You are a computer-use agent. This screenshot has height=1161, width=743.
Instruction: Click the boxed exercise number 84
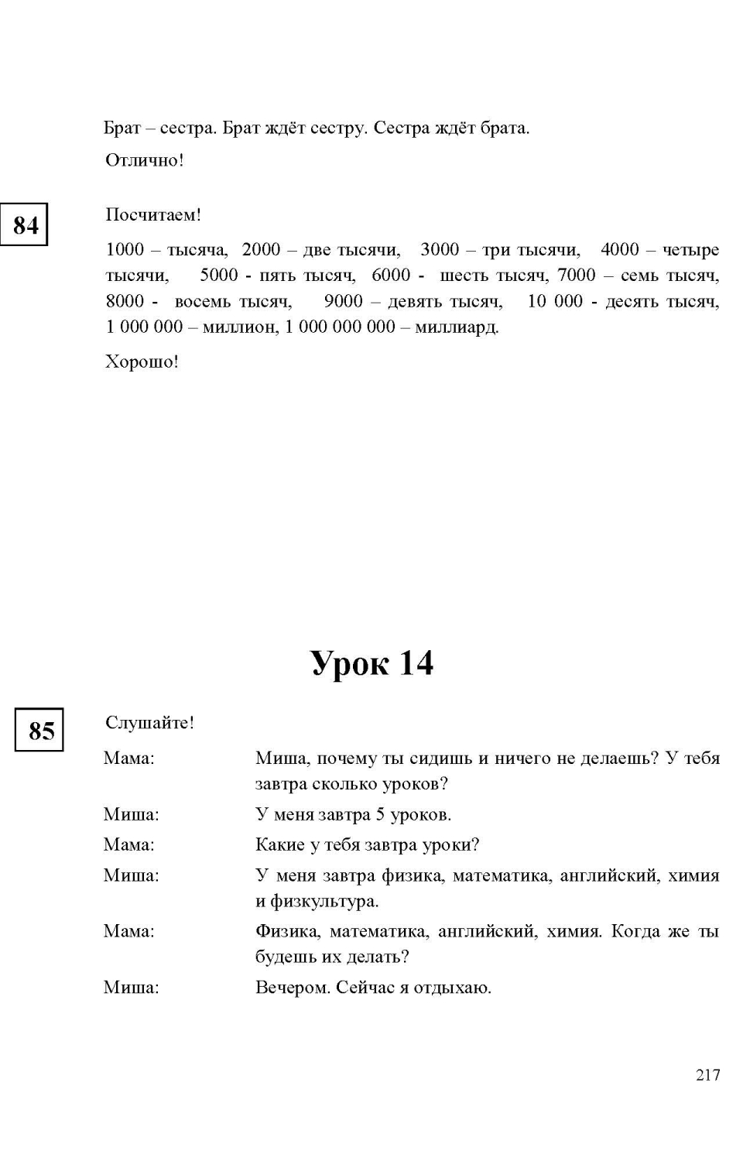[25, 224]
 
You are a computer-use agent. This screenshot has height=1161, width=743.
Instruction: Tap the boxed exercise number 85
[40, 730]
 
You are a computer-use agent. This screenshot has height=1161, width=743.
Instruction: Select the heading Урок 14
[372, 663]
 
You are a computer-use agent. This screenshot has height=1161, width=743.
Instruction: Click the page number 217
[707, 1074]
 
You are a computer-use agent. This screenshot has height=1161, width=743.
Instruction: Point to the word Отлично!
[144, 161]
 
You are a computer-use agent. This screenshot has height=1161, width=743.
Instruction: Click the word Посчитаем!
[152, 215]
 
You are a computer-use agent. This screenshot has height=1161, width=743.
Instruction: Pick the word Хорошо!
[142, 361]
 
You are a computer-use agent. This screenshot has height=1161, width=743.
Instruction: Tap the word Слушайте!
[149, 722]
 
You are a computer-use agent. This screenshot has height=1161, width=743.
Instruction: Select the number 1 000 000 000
[340, 327]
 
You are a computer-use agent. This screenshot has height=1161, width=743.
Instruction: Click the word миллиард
[457, 327]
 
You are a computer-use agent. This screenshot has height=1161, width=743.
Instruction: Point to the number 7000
[577, 276]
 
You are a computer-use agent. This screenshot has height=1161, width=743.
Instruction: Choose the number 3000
[440, 249]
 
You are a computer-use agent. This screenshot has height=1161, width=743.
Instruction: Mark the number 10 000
[555, 301]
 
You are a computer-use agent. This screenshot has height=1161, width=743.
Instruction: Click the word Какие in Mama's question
[279, 844]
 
